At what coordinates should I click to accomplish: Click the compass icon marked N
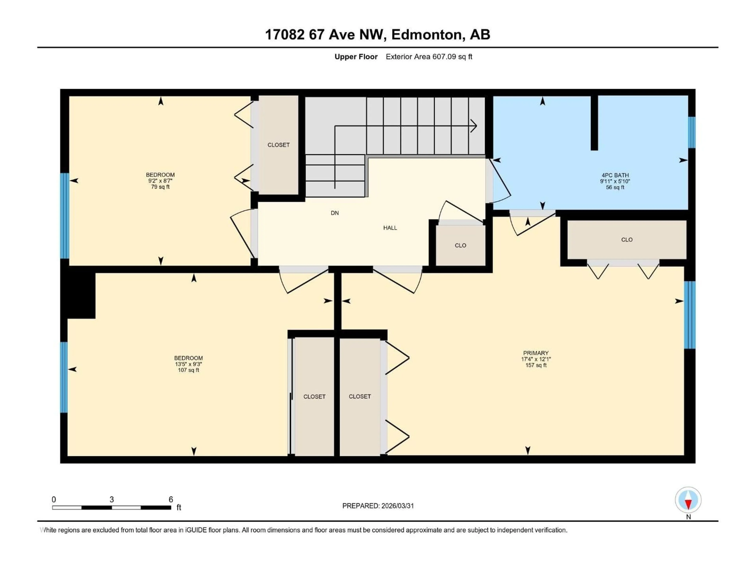pyautogui.click(x=688, y=500)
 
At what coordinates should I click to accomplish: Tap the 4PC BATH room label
pyautogui.click(x=615, y=175)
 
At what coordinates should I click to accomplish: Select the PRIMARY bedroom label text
pyautogui.click(x=535, y=353)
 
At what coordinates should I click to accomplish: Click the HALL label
pyautogui.click(x=390, y=228)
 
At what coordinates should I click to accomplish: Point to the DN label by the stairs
pyautogui.click(x=335, y=213)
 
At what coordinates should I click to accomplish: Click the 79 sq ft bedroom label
pyautogui.click(x=160, y=181)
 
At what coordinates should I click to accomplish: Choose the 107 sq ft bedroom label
pyautogui.click(x=188, y=364)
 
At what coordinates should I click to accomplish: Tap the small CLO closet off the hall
pyautogui.click(x=460, y=245)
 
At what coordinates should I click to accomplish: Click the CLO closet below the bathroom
pyautogui.click(x=626, y=240)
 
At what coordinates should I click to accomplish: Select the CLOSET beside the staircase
pyautogui.click(x=278, y=145)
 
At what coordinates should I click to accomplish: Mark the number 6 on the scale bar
pyautogui.click(x=171, y=499)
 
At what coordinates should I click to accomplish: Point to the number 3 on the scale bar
pyautogui.click(x=112, y=499)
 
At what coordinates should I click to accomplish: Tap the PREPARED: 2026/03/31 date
pyautogui.click(x=378, y=506)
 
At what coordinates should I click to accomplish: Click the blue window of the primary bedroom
pyautogui.click(x=689, y=315)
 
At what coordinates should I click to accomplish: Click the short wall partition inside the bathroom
pyautogui.click(x=594, y=123)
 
